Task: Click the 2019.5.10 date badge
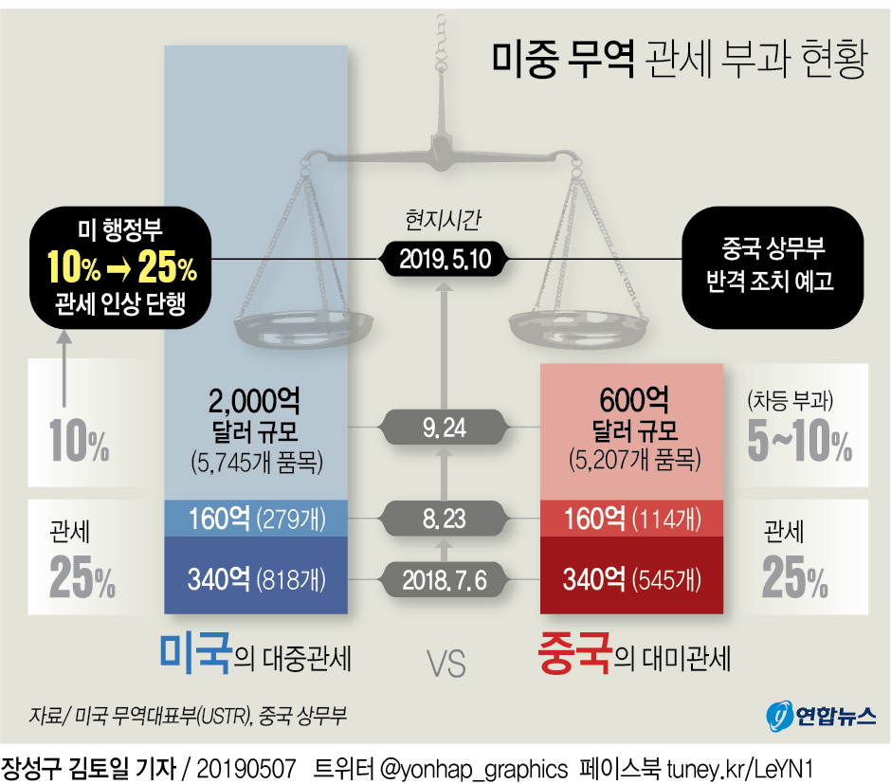(x=445, y=259)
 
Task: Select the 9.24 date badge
(x=444, y=428)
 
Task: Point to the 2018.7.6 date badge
(x=444, y=578)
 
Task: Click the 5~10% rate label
(x=799, y=443)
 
